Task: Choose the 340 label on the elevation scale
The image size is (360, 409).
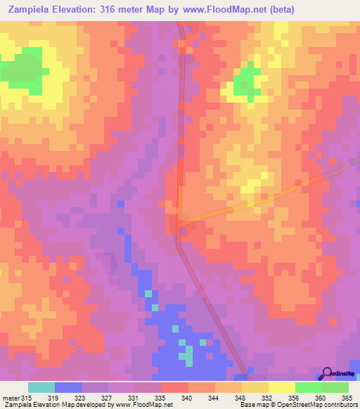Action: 186,397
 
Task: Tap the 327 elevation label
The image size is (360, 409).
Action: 106,397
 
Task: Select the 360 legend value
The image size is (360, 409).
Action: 321,397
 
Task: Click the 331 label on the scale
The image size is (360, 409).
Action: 134,397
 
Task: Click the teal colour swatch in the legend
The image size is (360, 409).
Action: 41,387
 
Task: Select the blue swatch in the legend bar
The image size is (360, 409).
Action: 67,387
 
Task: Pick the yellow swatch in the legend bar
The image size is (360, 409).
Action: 281,387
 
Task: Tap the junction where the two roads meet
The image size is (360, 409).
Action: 180,223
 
